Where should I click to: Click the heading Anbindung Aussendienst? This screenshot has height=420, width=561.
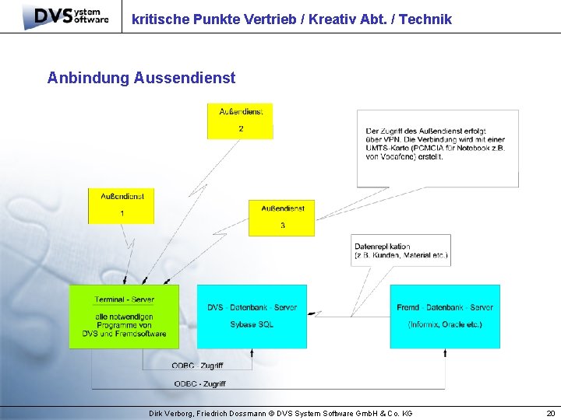pyautogui.click(x=141, y=78)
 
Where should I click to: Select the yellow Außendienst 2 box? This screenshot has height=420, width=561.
pyautogui.click(x=240, y=121)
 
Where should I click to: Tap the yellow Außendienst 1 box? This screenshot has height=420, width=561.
pyautogui.click(x=122, y=206)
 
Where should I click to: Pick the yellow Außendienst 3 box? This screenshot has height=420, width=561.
pyautogui.click(x=282, y=218)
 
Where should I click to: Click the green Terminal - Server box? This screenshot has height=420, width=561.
pyautogui.click(x=124, y=317)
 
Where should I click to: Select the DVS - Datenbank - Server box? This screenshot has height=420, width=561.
pyautogui.click(x=252, y=317)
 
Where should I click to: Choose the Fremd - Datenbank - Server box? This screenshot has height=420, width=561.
pyautogui.click(x=445, y=317)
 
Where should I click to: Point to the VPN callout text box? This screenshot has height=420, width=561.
pyautogui.click(x=437, y=148)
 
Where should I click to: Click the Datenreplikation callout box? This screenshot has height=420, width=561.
pyautogui.click(x=401, y=250)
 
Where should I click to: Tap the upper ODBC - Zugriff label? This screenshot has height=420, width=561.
pyautogui.click(x=198, y=366)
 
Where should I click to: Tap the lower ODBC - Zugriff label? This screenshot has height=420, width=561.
pyautogui.click(x=200, y=383)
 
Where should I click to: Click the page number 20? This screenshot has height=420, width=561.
pyautogui.click(x=551, y=413)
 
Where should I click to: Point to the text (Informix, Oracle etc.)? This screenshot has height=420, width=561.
pyautogui.click(x=445, y=324)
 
